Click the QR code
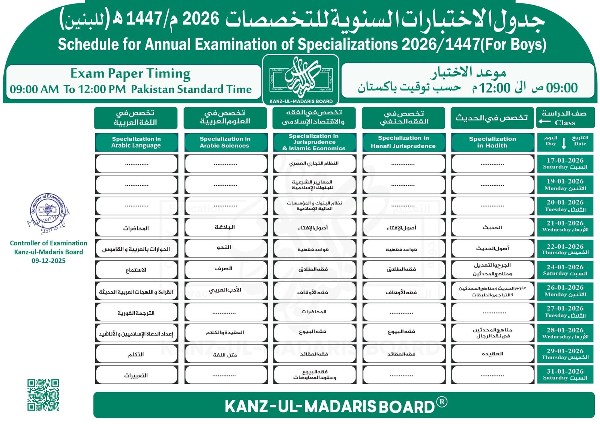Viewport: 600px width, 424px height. (43, 395)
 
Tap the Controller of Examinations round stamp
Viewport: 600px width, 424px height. (48, 210)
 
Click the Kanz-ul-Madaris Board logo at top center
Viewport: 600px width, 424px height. (301, 80)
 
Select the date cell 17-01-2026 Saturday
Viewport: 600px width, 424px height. (565, 164)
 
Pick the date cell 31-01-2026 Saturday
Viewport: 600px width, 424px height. (565, 374)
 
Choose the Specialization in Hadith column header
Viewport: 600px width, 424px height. (492, 142)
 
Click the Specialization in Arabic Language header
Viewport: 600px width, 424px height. (136, 142)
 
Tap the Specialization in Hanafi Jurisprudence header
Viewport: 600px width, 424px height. (403, 142)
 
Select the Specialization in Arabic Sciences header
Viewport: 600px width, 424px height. (225, 142)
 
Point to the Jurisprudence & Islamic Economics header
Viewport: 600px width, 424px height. (314, 142)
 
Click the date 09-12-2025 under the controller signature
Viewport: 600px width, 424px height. (48, 261)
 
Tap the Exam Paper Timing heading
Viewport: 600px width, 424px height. (130, 74)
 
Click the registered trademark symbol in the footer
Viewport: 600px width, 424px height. (442, 402)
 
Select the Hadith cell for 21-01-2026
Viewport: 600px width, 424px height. (492, 227)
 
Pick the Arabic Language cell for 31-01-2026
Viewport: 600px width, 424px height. (136, 375)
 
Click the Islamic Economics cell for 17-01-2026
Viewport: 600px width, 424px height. (314, 164)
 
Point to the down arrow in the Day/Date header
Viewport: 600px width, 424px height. (564, 143)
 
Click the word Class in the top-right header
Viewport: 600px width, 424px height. (565, 123)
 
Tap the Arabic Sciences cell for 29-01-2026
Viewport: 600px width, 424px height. (225, 354)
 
